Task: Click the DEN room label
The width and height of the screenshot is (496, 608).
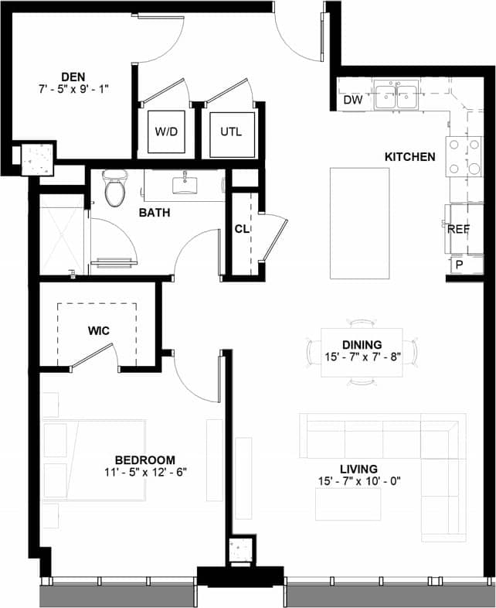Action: (73, 76)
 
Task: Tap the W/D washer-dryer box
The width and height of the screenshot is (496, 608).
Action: (166, 132)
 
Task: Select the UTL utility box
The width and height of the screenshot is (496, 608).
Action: (231, 132)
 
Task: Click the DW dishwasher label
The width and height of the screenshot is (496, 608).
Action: (352, 101)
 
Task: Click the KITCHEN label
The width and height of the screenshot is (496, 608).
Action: (409, 157)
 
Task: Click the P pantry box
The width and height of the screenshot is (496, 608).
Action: (459, 265)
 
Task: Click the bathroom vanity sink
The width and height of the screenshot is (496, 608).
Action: (185, 183)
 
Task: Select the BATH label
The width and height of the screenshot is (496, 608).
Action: (155, 213)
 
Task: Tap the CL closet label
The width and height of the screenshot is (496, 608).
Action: (241, 230)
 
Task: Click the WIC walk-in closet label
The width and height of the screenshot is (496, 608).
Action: (98, 331)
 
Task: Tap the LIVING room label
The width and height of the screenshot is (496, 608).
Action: (358, 469)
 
